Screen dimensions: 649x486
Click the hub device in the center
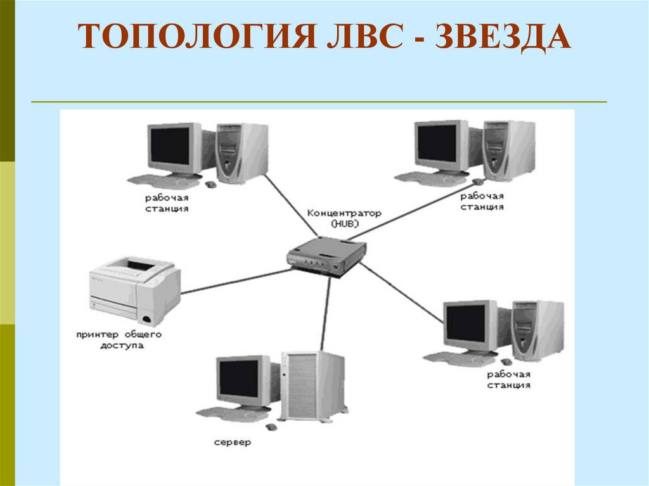[326, 254]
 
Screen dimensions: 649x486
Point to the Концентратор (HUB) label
[344, 218]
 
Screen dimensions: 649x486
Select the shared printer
[134, 288]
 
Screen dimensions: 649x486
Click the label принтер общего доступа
[119, 339]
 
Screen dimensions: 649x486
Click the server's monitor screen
[239, 378]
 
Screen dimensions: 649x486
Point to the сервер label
[232, 442]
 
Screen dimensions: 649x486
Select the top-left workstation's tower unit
[241, 152]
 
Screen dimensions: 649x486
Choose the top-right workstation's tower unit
[508, 150]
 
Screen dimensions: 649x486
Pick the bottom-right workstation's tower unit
[537, 329]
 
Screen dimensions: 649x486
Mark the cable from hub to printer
[235, 280]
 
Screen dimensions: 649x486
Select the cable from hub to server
[326, 314]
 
